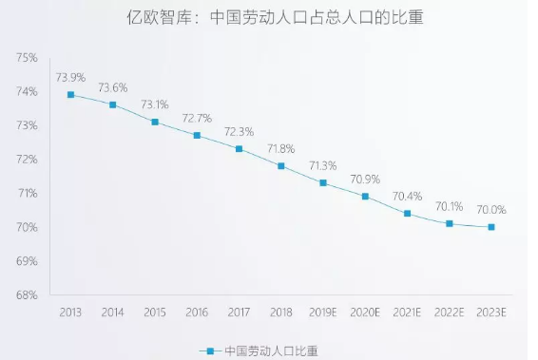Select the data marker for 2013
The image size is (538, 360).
click(70, 94)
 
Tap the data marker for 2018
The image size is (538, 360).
click(281, 166)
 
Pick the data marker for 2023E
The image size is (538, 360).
click(491, 227)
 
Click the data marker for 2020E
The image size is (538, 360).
click(365, 197)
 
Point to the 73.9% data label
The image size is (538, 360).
click(70, 76)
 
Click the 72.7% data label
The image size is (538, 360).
click(197, 118)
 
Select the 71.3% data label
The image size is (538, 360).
click(323, 165)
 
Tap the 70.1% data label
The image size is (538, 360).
click(450, 206)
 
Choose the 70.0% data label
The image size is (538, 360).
click(491, 210)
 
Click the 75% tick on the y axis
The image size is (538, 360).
click(27, 58)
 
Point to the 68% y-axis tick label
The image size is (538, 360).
click(27, 294)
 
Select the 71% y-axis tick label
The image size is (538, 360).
click(27, 193)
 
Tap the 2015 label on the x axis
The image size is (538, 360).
click(154, 312)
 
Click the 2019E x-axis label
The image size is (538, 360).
click(323, 312)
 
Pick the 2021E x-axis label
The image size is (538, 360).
click(407, 312)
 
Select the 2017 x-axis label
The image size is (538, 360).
click(239, 312)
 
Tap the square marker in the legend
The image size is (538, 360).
click(214, 351)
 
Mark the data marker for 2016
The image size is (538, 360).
click(197, 135)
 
